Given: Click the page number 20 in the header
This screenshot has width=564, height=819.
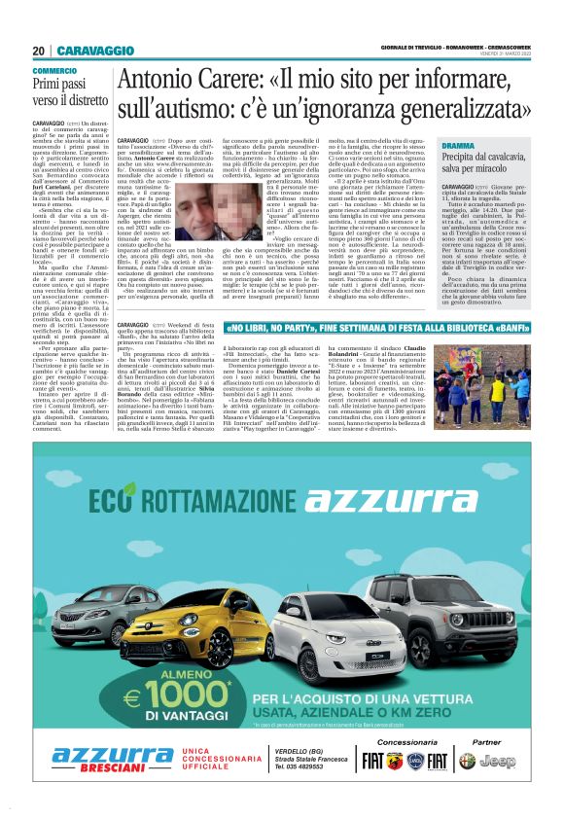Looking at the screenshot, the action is click(x=38, y=51).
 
